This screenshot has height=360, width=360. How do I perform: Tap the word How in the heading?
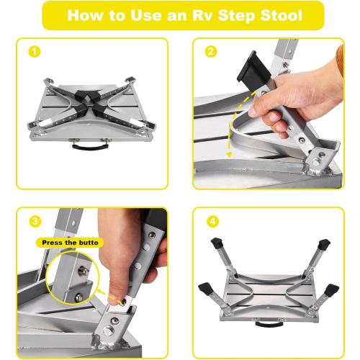[86, 15]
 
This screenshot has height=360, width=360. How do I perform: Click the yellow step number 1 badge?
[32, 51]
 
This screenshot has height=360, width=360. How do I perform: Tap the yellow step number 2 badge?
[211, 51]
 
